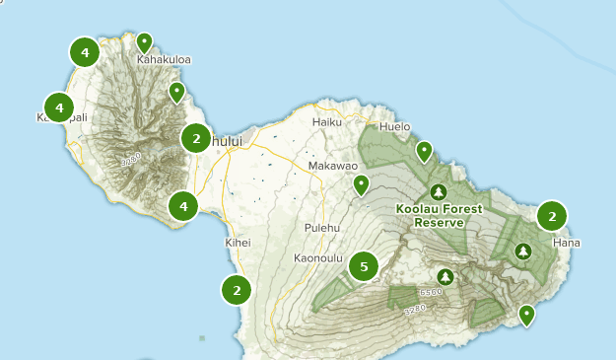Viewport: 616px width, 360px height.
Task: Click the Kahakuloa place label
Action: pos(164,59)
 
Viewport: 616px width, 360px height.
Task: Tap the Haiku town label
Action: pos(325,121)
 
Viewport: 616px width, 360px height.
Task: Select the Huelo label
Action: pos(393,126)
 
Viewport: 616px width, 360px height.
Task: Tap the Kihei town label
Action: pos(239,243)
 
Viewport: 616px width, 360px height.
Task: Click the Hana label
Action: pos(567,243)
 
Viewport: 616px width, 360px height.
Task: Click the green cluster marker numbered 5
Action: pos(365,266)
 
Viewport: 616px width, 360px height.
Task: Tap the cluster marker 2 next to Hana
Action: pos(552,216)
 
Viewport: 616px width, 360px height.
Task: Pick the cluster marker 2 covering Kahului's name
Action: pos(197,138)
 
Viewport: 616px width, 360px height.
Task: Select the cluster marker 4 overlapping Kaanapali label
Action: pos(59,107)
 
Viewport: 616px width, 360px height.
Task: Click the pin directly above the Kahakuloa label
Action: pos(145,41)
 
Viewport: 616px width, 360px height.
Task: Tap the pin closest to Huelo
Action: pos(424,151)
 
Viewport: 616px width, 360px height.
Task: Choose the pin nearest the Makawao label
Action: pos(362,183)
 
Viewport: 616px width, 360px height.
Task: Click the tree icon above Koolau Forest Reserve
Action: pos(438,191)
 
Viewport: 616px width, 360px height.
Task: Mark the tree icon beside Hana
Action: pos(522,252)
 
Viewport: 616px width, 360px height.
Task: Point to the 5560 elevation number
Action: pos(431,293)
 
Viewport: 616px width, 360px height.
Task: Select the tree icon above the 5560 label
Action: pos(445,276)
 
